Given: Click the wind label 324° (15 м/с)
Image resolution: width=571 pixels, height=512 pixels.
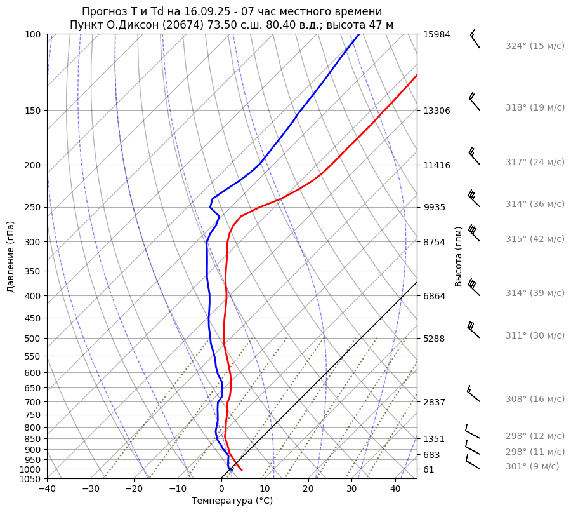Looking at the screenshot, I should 535,46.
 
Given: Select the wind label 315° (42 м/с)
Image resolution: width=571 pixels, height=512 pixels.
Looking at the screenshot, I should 535,239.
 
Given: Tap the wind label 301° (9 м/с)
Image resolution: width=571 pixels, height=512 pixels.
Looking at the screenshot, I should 532,466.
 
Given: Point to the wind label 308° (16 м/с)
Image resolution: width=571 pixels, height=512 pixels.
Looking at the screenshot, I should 535,399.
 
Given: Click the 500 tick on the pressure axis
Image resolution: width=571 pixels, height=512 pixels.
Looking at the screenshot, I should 34,339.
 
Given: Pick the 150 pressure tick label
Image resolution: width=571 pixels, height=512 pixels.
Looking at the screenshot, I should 34,111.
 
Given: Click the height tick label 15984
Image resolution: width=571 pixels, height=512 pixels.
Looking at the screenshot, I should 436,34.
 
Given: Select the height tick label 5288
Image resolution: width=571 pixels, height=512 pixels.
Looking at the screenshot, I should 434,339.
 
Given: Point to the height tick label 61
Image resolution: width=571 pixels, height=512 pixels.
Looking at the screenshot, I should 429,469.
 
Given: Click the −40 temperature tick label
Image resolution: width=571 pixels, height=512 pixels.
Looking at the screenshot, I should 47,489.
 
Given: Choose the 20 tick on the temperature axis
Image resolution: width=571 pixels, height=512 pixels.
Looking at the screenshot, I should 308,489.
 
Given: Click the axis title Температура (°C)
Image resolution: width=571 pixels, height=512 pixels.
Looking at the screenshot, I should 232,501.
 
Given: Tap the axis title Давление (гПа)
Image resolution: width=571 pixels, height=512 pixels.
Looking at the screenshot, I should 11,257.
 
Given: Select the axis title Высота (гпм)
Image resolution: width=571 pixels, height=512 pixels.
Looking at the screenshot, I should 459,257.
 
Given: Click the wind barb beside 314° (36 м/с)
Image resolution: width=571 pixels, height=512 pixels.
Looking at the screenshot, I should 473,199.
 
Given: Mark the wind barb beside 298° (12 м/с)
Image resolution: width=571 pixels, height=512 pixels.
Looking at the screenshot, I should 472,432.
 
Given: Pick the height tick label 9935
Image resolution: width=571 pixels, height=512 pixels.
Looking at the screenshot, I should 434,207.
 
